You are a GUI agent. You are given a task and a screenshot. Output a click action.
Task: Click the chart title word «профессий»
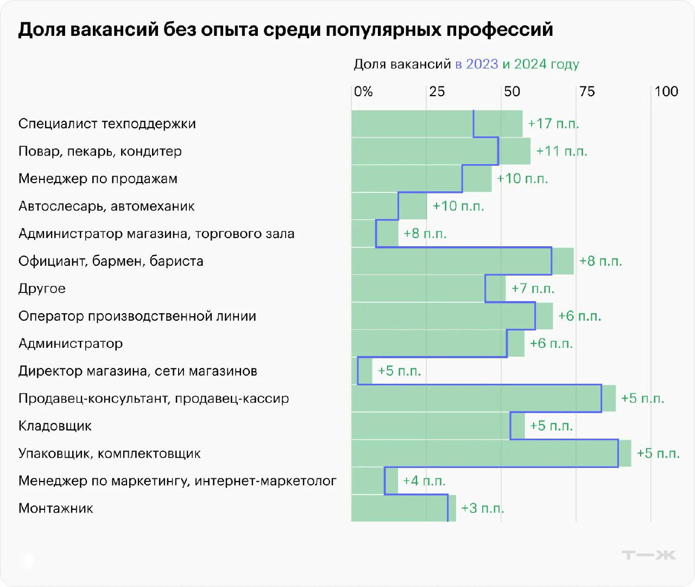(x=499, y=29)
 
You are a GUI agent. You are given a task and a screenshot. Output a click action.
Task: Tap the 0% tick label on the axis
(x=363, y=91)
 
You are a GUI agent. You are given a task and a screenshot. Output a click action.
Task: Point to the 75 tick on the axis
(x=586, y=91)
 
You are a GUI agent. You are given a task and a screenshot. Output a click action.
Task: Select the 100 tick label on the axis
(x=666, y=91)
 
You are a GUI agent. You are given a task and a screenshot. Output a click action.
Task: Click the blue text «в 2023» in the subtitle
(x=476, y=64)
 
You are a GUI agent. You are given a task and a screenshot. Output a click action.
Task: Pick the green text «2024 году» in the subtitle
(x=546, y=64)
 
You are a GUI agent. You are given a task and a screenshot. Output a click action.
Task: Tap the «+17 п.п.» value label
(x=553, y=123)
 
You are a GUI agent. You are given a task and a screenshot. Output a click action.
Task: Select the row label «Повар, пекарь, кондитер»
(x=100, y=151)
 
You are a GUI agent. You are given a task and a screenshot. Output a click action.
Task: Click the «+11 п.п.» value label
(x=561, y=151)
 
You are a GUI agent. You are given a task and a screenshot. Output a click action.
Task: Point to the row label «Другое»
(x=42, y=289)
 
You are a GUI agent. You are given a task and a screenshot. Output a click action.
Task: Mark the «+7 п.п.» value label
(x=533, y=289)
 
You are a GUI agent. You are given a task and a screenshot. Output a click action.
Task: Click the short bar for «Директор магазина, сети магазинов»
(x=362, y=371)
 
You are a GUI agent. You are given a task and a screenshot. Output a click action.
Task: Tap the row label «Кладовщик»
(x=55, y=426)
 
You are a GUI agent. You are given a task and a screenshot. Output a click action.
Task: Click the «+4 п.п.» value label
(x=424, y=481)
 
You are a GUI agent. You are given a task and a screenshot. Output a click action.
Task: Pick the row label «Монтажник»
(x=56, y=508)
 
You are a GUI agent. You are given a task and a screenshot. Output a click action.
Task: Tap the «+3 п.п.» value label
(x=482, y=508)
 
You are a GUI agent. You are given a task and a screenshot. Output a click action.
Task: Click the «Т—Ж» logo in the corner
(x=648, y=555)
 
